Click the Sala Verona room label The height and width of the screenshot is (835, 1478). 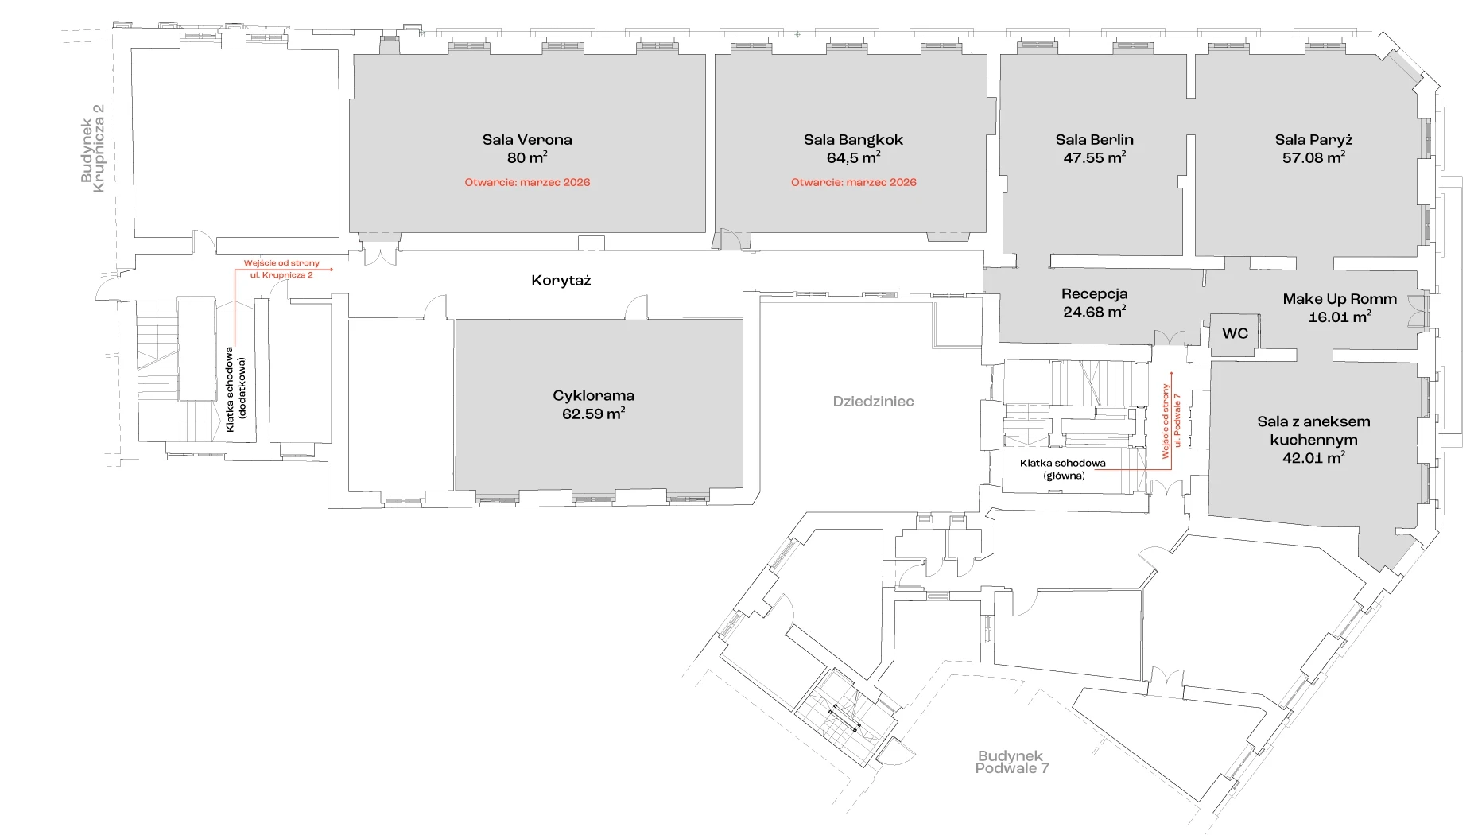point(526,140)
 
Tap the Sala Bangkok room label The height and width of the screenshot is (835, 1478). point(853,140)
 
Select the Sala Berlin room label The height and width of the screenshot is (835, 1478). point(1094,140)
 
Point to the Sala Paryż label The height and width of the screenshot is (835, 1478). point(1313,140)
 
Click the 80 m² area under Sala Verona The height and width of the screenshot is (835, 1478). point(526,157)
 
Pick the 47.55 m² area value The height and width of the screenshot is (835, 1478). point(1094,157)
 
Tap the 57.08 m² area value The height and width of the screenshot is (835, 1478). point(1313,157)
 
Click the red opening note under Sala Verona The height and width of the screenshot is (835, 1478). point(527,182)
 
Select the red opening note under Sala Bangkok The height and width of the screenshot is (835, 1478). point(853,182)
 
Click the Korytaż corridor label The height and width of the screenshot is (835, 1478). point(561,280)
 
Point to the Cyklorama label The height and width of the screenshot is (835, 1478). point(593,395)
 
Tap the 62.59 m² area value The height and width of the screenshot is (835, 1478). point(593,414)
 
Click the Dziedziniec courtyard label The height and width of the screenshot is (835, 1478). point(873,402)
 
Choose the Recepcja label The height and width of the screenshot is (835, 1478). point(1094,294)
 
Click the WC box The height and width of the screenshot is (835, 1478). point(1235,334)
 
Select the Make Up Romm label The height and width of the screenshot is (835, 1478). point(1339,299)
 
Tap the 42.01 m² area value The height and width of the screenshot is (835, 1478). point(1313,457)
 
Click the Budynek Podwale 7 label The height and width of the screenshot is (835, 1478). point(1011,762)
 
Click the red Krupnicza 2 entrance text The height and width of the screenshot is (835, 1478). point(281,269)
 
